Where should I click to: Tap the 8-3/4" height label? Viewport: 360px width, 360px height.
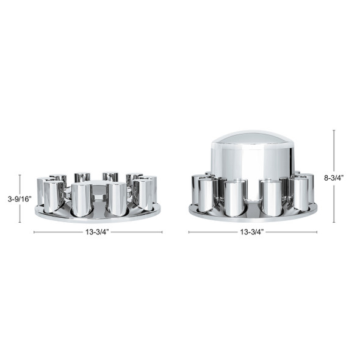[334, 178]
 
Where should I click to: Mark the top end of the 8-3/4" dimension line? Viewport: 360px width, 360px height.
[334, 130]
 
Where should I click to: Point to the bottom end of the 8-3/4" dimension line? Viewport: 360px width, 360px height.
[334, 221]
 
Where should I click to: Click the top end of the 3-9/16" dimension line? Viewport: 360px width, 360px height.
[20, 176]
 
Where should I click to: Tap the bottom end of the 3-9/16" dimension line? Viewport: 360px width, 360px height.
[20, 221]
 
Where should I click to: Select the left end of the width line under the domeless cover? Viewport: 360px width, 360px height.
[34, 232]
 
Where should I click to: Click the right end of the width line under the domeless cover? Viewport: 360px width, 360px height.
[162, 232]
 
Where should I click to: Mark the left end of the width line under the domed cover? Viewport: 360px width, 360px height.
[189, 232]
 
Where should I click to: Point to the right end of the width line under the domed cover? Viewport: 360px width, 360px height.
[317, 232]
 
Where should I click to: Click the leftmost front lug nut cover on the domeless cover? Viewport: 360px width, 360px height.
[54, 195]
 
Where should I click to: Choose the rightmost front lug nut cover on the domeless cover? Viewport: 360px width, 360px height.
[143, 195]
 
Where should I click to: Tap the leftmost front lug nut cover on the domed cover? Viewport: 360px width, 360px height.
[206, 193]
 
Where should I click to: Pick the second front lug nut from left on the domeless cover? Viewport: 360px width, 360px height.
[81, 199]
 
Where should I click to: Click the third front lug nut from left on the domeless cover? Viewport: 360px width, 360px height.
[116, 199]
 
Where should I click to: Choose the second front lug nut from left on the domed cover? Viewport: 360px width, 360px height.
[235, 198]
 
